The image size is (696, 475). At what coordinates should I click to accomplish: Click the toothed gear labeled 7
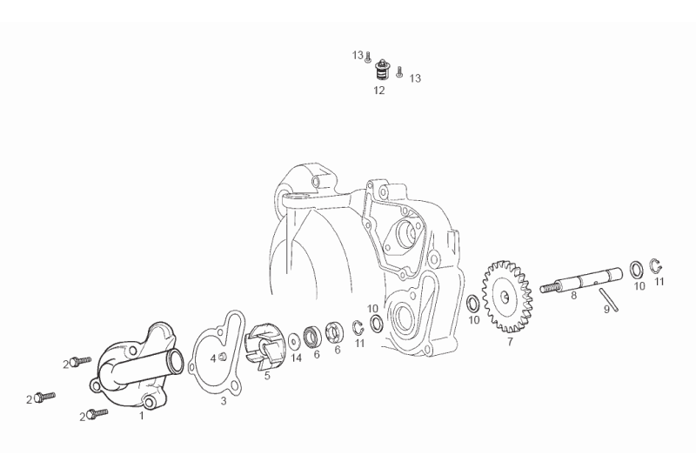click(x=507, y=297)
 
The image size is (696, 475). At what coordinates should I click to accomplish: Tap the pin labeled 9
click(x=608, y=299)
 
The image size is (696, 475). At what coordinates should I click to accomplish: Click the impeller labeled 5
click(x=262, y=348)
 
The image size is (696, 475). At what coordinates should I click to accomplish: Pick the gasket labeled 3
click(x=217, y=352)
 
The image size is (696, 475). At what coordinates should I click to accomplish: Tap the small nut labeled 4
click(x=224, y=357)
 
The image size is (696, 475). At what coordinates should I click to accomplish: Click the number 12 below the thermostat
click(x=378, y=90)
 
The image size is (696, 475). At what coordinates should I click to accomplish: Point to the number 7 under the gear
click(x=510, y=342)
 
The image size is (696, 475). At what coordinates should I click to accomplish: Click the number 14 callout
click(x=296, y=358)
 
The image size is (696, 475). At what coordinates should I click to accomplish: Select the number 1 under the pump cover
click(x=142, y=416)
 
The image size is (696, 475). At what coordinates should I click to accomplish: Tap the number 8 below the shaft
click(x=573, y=295)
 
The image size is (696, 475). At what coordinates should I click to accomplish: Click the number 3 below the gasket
click(x=224, y=401)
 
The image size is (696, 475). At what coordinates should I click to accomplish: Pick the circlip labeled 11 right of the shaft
click(x=657, y=266)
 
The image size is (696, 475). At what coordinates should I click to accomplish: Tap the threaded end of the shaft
click(x=549, y=288)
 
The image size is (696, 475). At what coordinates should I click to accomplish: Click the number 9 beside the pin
click(x=606, y=310)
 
